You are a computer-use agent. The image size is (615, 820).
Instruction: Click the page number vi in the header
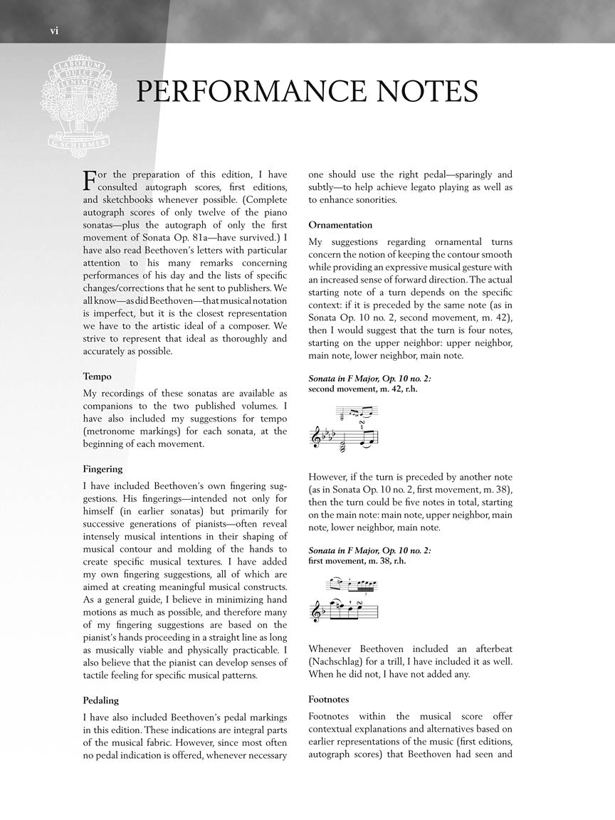[x=53, y=30]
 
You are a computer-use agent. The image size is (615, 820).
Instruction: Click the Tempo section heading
[x=97, y=376]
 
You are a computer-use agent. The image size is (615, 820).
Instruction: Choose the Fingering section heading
[x=103, y=469]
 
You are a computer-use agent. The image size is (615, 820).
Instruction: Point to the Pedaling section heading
[x=101, y=700]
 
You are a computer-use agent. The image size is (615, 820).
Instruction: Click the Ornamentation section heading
[x=340, y=225]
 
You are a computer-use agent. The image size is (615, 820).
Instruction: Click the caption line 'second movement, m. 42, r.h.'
[x=359, y=389]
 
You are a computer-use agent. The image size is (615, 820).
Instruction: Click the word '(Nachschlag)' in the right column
[x=336, y=661]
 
